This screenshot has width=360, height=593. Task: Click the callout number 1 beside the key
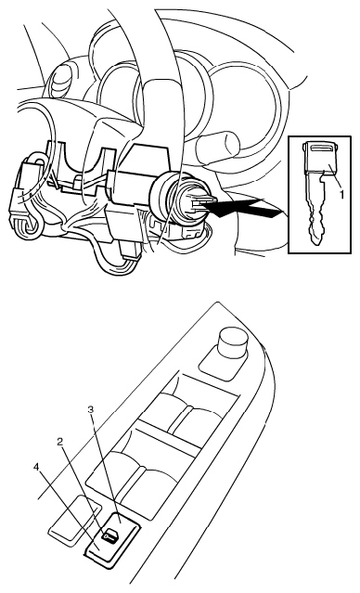click(x=341, y=194)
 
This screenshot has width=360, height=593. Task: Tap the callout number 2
click(x=59, y=443)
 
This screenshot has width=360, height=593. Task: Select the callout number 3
click(x=90, y=409)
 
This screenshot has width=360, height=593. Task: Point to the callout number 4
click(x=36, y=467)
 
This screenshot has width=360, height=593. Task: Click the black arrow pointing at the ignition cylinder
click(x=242, y=209)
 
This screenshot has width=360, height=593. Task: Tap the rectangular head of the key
click(x=321, y=158)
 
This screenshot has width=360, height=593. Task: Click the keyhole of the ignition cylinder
click(x=198, y=205)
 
